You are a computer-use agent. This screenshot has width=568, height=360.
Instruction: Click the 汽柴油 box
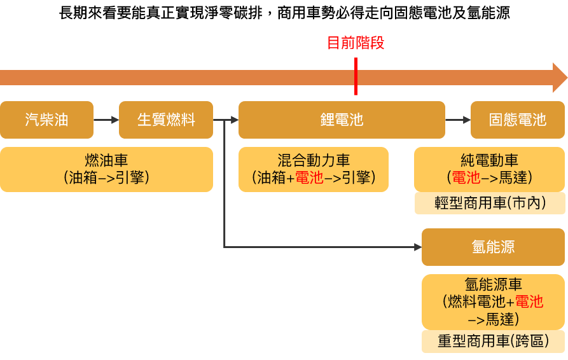[x=46, y=120]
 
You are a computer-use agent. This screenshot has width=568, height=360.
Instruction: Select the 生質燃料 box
[x=166, y=120]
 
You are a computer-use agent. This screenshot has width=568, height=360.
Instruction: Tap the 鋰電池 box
[x=342, y=120]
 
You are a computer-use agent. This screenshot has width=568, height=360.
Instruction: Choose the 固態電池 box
[x=517, y=120]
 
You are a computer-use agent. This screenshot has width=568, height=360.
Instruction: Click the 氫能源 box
[x=493, y=247]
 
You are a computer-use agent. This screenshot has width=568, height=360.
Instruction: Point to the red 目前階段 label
[x=355, y=43]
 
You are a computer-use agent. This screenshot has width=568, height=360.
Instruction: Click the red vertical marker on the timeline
[x=356, y=76]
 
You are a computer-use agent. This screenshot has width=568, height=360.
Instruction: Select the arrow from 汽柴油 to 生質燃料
[x=106, y=120]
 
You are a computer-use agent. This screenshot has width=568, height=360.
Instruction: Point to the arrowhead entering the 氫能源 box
[x=418, y=247]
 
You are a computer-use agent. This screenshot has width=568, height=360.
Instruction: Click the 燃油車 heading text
[x=106, y=161]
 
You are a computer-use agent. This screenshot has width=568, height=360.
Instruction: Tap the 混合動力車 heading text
[x=313, y=161]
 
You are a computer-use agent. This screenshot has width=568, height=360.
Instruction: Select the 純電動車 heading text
[x=489, y=161]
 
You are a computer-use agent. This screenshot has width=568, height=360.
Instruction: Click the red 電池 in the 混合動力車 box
[x=309, y=177]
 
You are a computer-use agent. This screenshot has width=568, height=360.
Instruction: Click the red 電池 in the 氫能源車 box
[x=529, y=301]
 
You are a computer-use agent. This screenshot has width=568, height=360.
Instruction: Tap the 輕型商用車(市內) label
[x=489, y=203]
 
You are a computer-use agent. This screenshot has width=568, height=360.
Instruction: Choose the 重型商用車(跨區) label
[x=493, y=341]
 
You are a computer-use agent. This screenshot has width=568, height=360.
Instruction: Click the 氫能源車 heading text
[x=493, y=285]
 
